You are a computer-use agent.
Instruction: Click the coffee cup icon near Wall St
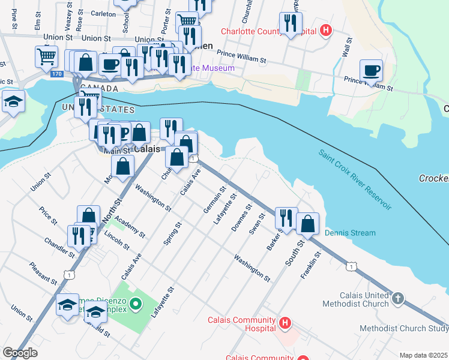(371, 70)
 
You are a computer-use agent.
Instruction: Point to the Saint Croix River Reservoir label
(355, 179)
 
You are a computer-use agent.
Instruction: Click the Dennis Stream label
(350, 233)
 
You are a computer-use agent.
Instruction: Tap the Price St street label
(47, 217)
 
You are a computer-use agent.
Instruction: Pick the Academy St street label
(130, 227)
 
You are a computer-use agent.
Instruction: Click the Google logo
(20, 353)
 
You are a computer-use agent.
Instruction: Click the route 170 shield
(56, 74)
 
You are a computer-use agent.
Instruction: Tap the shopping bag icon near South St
(307, 224)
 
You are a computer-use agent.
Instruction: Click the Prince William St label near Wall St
(369, 83)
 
